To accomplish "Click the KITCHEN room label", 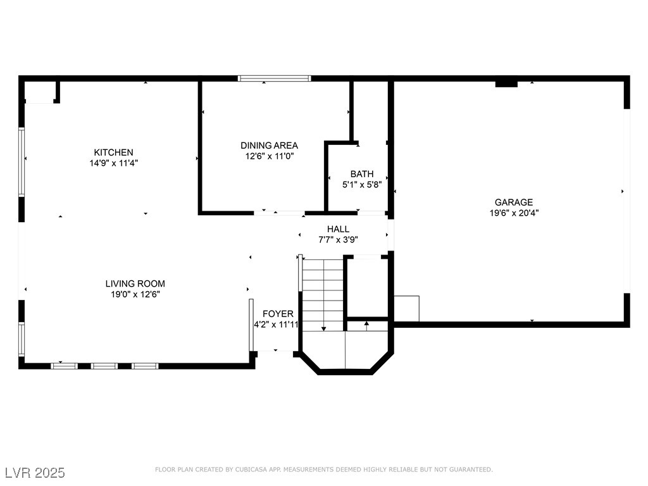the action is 114,153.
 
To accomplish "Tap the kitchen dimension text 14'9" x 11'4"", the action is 114,163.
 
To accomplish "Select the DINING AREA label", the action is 269,146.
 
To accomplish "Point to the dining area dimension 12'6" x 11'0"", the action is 269,156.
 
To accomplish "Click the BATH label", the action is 362,174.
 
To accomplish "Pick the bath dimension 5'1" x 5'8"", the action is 362,185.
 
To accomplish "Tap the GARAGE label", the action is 514,202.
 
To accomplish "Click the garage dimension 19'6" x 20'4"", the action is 514,213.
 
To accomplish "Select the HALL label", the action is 338,229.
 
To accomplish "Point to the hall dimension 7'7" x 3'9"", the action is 338,240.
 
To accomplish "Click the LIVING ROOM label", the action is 135,283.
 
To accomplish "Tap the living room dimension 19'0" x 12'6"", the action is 135,294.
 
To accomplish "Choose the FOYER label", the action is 278,314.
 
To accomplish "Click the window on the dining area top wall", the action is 275,78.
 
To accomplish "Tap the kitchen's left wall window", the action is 22,161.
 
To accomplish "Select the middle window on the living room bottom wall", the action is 104,366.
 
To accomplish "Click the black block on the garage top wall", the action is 506,84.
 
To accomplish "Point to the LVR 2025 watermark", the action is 35,473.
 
